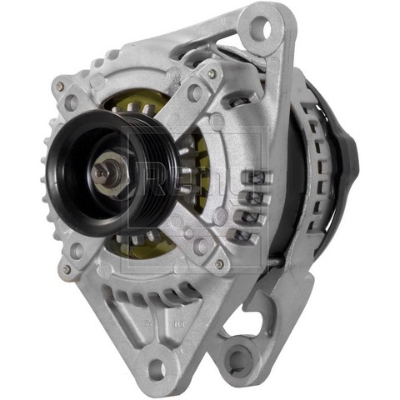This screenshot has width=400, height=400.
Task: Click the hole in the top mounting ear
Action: click(x=261, y=28)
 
